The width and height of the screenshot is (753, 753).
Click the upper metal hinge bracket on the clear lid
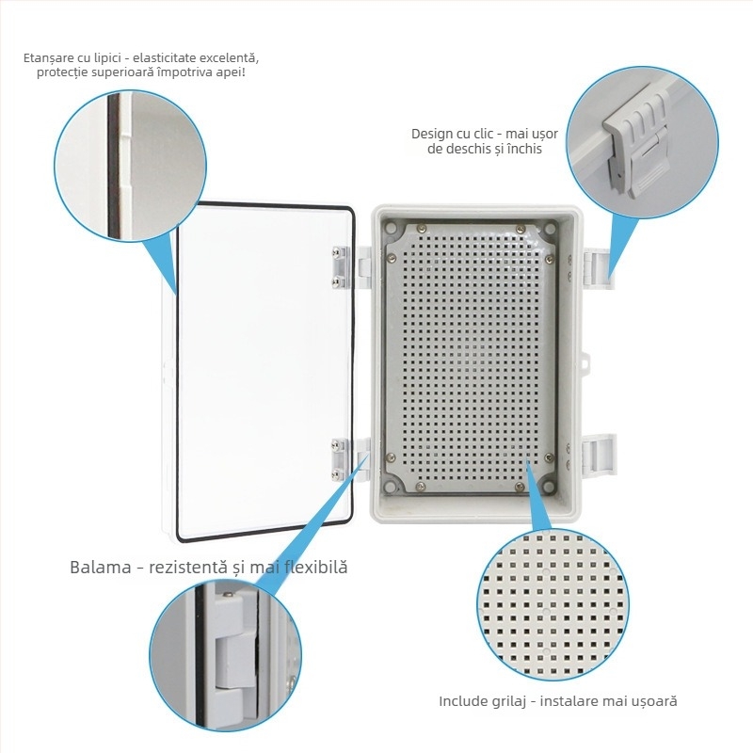coord(339,267)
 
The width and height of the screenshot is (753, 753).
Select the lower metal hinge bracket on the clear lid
coord(339,459)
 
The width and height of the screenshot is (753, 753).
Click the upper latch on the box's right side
coord(599,269)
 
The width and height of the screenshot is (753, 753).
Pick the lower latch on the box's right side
coord(599,456)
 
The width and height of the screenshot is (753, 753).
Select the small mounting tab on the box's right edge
coord(585,362)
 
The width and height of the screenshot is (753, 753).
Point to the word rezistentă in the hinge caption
coord(187,568)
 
